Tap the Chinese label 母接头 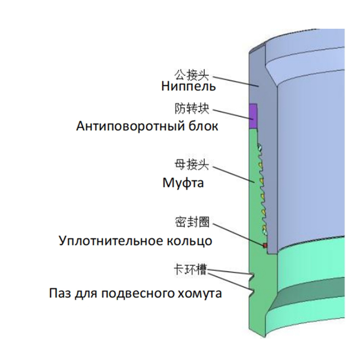point(192,165)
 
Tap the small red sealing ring point(265,245)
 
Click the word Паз point(59,295)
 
